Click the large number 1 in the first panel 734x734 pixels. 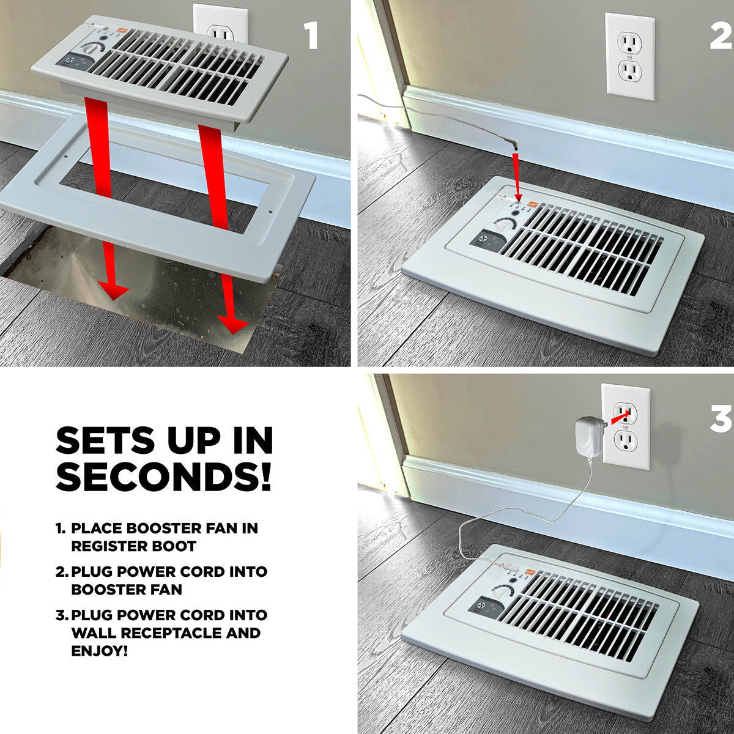pos(312,35)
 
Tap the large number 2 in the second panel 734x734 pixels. pos(720,35)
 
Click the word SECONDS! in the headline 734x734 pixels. pos(164,477)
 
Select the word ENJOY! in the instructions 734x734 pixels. pos(100,651)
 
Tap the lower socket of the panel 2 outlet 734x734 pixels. pos(630,71)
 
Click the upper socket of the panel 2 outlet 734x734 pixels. pos(630,42)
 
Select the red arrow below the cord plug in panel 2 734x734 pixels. pos(516,176)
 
